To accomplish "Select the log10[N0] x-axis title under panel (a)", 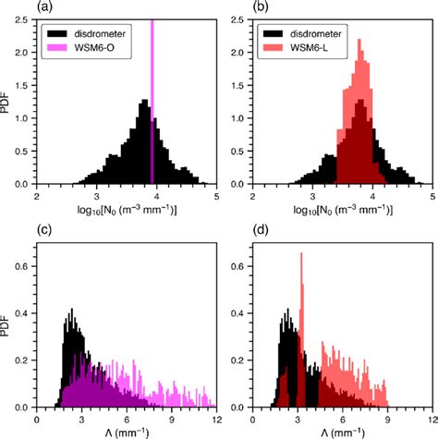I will pos(127,212).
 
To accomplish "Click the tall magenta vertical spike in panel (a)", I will pos(152,92).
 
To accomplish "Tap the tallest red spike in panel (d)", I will pos(301,305).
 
